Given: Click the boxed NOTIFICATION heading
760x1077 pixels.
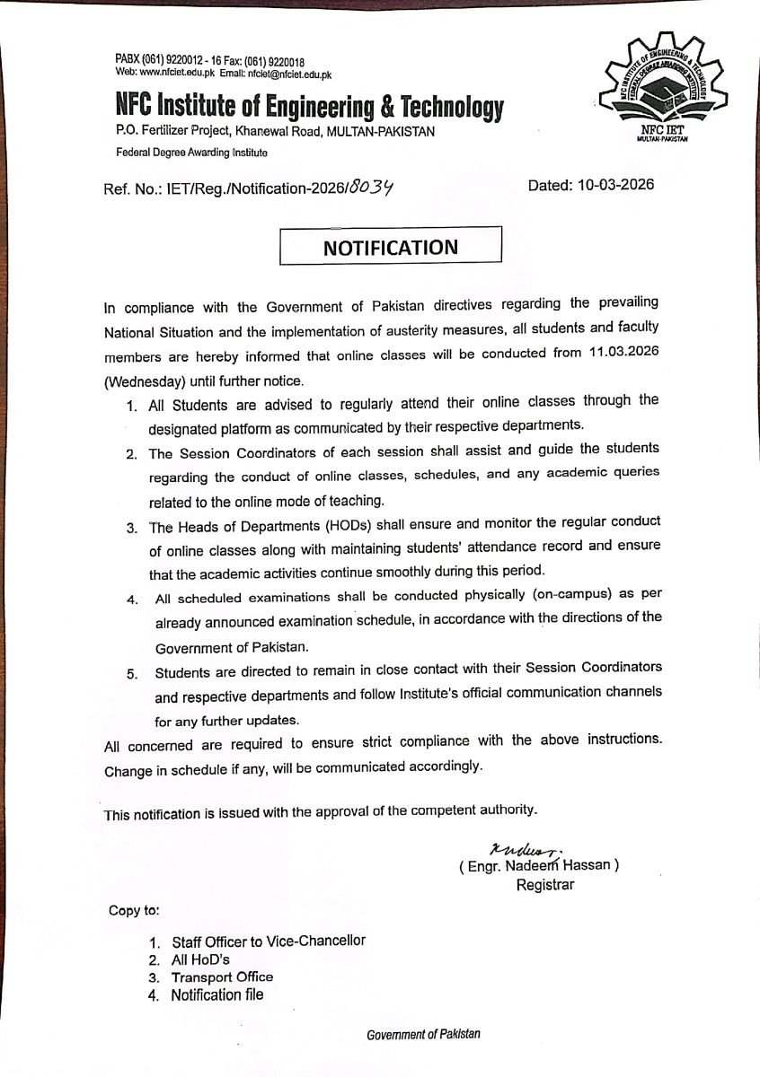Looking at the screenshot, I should point(391,248).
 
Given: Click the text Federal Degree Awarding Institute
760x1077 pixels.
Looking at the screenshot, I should point(191,153).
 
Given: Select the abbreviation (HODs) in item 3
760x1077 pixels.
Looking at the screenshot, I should point(333,523).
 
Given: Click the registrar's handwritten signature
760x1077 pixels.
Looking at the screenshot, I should point(513,848).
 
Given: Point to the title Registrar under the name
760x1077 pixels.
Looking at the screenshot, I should point(544,885).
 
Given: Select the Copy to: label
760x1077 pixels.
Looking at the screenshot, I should point(135,910).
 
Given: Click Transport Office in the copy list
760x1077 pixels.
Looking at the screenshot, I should point(223,976).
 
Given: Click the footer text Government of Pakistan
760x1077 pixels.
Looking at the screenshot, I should point(423,1034).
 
